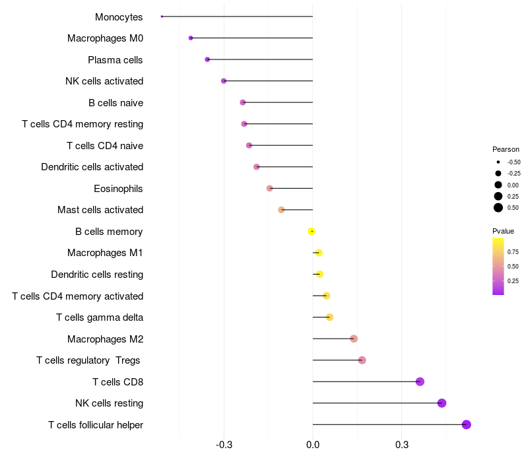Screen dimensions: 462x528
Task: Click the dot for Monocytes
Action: [x=162, y=16]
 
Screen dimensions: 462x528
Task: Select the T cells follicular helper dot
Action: [x=467, y=424]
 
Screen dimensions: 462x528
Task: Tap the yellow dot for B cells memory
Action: [x=312, y=231]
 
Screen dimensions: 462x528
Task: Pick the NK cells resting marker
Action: [x=442, y=403]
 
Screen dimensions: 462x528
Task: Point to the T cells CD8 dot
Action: [x=420, y=381]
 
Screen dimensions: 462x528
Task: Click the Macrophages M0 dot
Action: [x=191, y=38]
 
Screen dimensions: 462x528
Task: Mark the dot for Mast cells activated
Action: [x=281, y=210]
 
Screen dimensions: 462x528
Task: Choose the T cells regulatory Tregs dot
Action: [x=362, y=360]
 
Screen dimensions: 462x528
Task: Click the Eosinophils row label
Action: [x=118, y=189]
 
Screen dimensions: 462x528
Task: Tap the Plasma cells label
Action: [x=115, y=60]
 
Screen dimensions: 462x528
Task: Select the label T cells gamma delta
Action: [x=100, y=317]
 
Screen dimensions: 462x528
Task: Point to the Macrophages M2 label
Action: [x=105, y=339]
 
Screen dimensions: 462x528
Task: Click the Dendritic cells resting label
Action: [x=97, y=275]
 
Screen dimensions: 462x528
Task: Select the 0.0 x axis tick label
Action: [x=313, y=445]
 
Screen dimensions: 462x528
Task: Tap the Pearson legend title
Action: [x=506, y=149]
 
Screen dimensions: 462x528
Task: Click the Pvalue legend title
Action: [x=503, y=231]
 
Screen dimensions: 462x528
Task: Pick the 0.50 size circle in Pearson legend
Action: [x=498, y=208]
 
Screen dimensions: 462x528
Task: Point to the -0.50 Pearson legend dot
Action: [x=498, y=162]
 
